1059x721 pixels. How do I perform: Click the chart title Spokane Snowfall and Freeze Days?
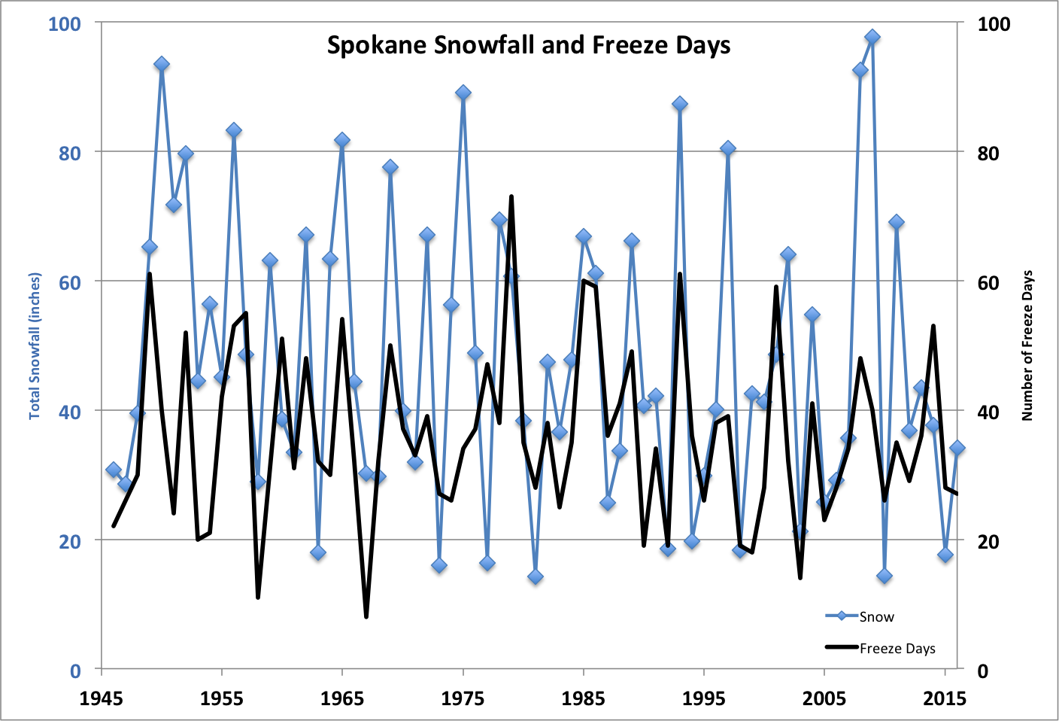click(x=529, y=45)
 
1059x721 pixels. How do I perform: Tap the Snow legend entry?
click(x=860, y=616)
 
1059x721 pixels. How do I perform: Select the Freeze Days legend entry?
click(x=880, y=648)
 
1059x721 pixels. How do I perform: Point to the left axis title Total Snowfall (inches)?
click(x=35, y=346)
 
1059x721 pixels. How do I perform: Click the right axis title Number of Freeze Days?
click(x=1027, y=345)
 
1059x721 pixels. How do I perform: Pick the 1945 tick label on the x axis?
click(x=102, y=698)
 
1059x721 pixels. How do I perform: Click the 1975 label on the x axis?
click(x=463, y=698)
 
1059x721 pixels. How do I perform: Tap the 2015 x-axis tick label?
click(x=945, y=698)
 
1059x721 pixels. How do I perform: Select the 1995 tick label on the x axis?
click(x=704, y=698)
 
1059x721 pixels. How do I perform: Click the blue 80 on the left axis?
click(x=69, y=154)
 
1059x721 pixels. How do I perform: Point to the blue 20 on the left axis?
click(x=69, y=542)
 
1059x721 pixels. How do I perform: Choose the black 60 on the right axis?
click(x=988, y=283)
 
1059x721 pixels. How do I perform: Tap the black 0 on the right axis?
click(x=982, y=671)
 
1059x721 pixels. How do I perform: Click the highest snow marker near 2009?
click(x=872, y=37)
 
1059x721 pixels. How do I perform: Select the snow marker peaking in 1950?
click(x=162, y=64)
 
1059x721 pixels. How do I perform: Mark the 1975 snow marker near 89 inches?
click(x=463, y=93)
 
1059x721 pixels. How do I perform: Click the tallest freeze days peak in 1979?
click(x=511, y=196)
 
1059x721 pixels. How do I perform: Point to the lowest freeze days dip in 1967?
click(x=366, y=616)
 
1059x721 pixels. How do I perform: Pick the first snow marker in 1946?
click(x=114, y=470)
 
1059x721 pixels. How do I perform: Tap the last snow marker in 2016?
click(x=957, y=448)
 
